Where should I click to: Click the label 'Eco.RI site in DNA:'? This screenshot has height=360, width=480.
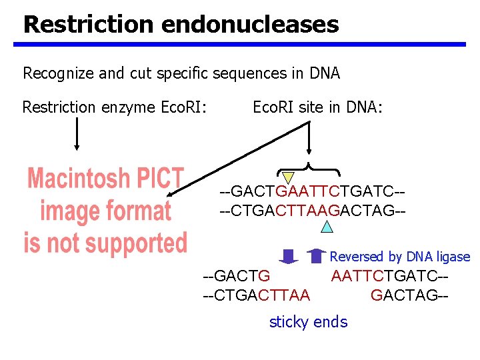click(318, 107)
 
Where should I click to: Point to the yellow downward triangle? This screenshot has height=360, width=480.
click(288, 177)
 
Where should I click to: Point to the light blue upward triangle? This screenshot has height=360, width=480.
click(327, 227)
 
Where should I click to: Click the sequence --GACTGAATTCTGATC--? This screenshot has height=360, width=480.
click(313, 193)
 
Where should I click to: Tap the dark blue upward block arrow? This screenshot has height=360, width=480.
click(318, 256)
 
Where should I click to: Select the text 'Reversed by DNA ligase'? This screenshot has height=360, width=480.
click(400, 257)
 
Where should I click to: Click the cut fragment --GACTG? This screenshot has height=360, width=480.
click(236, 275)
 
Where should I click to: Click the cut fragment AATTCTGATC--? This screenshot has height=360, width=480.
click(389, 275)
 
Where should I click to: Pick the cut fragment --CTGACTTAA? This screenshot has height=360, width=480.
click(256, 294)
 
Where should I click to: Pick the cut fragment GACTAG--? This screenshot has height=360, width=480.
click(409, 294)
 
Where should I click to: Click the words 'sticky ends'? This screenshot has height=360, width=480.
click(308, 322)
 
